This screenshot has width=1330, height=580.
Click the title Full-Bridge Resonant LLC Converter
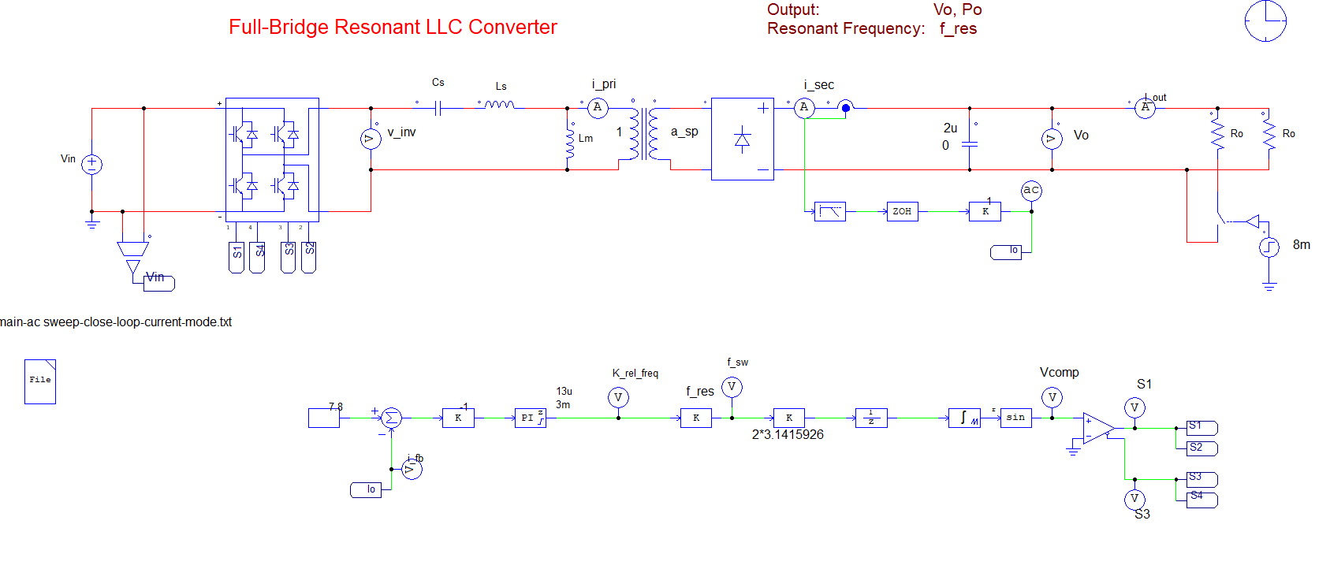click(393, 27)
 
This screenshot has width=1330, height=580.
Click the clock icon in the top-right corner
click(1265, 20)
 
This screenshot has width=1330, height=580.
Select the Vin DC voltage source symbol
click(92, 164)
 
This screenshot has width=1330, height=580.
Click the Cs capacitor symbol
click(438, 108)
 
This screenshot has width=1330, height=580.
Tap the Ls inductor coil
click(499, 104)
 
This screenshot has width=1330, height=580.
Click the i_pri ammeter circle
click(598, 107)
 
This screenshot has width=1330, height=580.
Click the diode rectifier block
click(742, 139)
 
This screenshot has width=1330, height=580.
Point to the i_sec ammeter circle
click(804, 108)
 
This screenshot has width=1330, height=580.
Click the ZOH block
click(902, 211)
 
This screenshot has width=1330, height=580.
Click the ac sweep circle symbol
click(1031, 190)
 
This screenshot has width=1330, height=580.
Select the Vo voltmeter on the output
click(1052, 139)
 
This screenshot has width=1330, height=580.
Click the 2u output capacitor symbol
click(970, 144)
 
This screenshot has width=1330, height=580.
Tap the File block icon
click(40, 381)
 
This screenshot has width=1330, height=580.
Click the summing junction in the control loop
click(391, 418)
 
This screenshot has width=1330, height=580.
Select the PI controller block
click(530, 418)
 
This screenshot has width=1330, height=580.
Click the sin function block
click(1015, 418)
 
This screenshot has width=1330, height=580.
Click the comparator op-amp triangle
click(1097, 428)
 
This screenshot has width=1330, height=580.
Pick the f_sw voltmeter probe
click(732, 387)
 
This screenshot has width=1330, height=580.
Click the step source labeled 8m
click(1269, 247)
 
